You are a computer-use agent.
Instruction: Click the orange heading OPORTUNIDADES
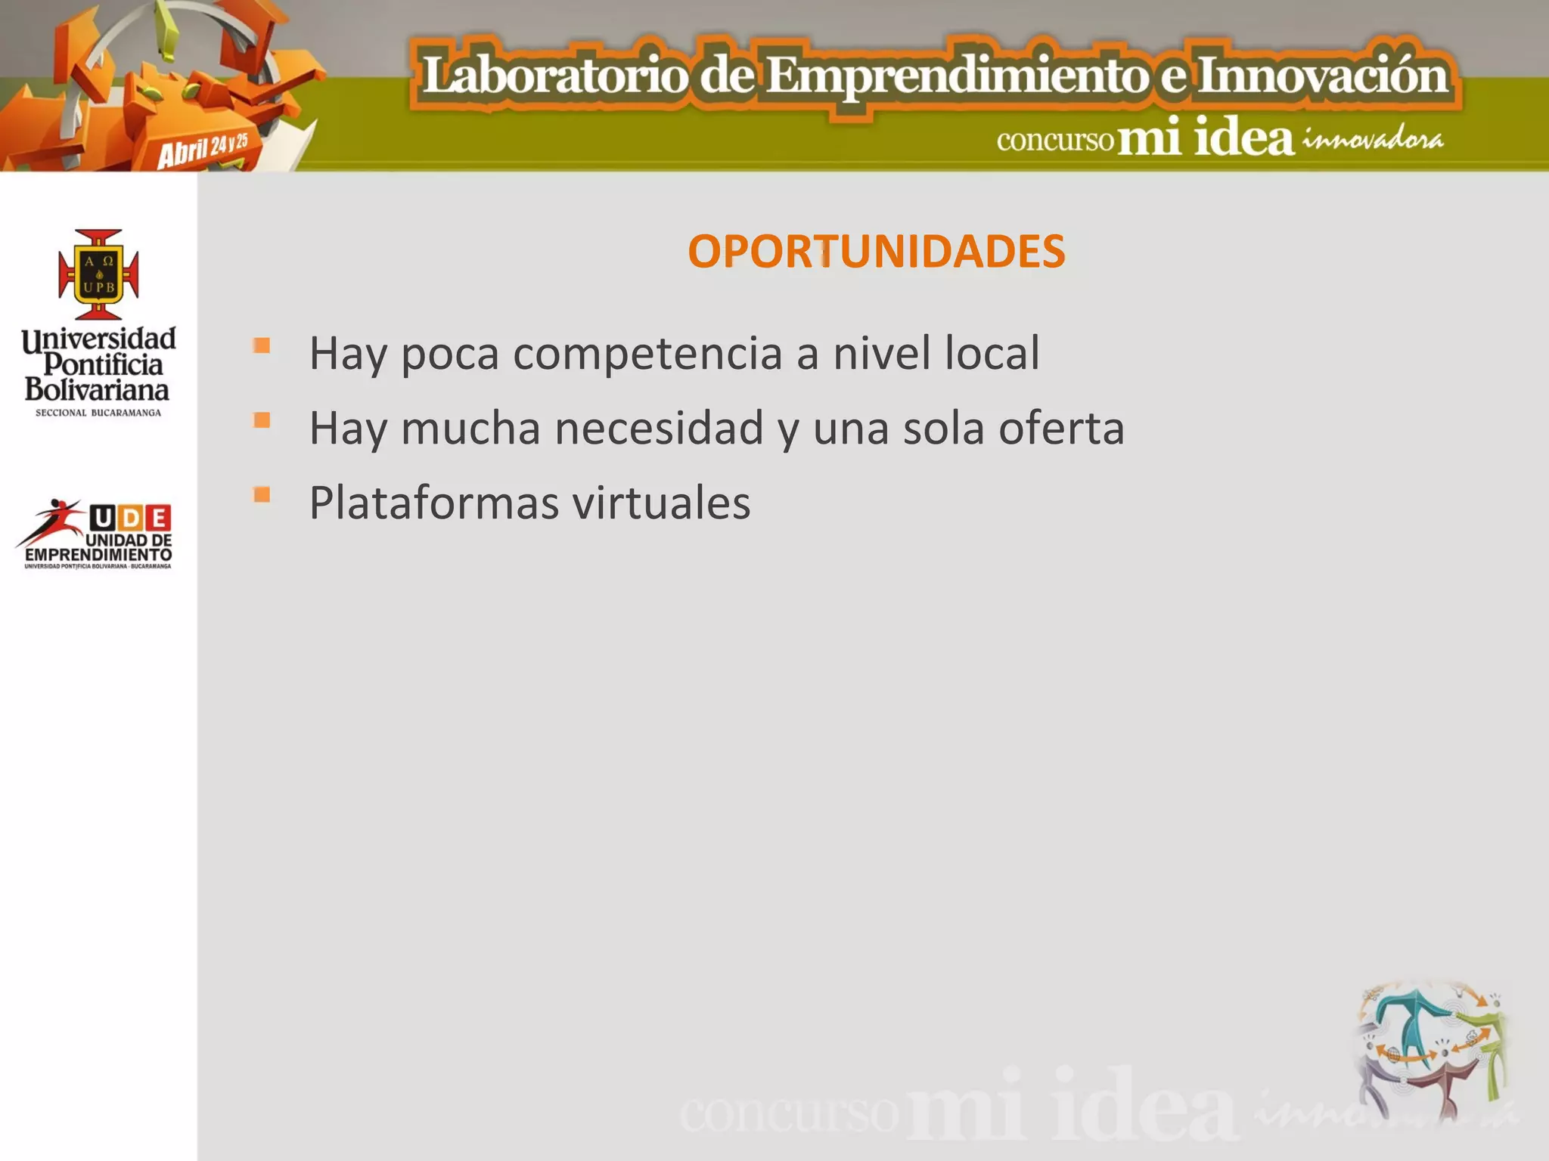(876, 252)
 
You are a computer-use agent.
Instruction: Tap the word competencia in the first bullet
(647, 354)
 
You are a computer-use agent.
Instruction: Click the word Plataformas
(434, 503)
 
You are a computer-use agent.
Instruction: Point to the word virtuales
(661, 503)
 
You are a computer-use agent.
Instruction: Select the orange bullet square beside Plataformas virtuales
(262, 496)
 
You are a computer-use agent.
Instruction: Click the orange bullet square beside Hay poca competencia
(262, 346)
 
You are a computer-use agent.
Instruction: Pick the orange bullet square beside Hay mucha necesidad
(262, 420)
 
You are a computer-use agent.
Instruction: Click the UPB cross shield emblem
(99, 274)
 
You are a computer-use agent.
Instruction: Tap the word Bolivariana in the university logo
(97, 390)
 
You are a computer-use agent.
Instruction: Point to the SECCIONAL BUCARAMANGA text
(98, 413)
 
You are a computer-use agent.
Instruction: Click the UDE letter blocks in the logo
(130, 519)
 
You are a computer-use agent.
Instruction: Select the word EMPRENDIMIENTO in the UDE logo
(98, 556)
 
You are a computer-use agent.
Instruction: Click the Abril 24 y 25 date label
(203, 149)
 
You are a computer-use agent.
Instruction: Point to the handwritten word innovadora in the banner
(1372, 141)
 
